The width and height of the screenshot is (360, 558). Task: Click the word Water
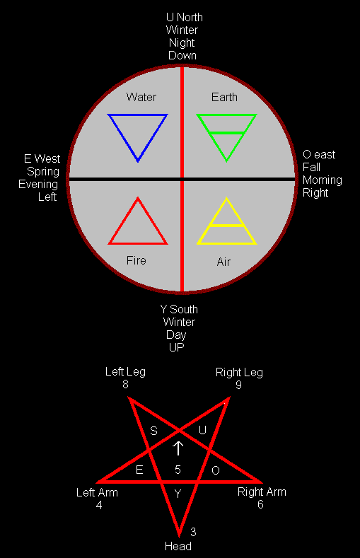tap(141, 97)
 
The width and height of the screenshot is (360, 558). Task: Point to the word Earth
tap(224, 97)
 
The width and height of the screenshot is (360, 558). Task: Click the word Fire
tap(137, 260)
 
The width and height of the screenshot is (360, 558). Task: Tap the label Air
tap(223, 262)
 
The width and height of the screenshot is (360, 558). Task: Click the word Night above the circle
tap(182, 43)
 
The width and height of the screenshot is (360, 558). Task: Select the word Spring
tap(43, 172)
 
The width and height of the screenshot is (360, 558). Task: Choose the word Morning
tap(323, 180)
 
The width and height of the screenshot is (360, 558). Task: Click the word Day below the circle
tap(176, 335)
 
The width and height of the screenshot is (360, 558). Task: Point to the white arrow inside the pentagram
tap(178, 448)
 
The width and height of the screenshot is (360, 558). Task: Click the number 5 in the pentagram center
tap(178, 470)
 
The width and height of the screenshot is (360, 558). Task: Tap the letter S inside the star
tap(153, 431)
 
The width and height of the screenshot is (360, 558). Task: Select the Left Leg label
tap(125, 372)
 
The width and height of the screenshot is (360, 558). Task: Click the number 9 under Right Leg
tap(238, 385)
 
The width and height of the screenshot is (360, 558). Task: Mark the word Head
tap(178, 546)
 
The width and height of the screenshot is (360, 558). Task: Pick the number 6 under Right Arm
tap(260, 505)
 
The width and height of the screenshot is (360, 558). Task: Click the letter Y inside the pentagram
tap(178, 494)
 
